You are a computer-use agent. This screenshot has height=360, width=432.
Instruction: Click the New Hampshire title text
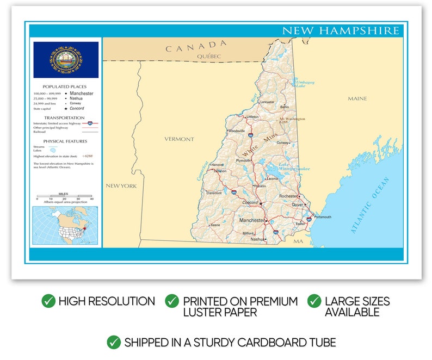(x=341, y=30)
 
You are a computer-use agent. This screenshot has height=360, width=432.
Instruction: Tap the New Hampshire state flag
(x=66, y=60)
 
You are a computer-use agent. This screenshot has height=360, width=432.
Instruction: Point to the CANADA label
(x=196, y=47)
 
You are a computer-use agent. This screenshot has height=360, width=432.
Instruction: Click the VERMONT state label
(x=179, y=139)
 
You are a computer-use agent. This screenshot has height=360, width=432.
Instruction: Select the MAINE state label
(x=357, y=98)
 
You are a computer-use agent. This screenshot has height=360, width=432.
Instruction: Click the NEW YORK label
(x=121, y=186)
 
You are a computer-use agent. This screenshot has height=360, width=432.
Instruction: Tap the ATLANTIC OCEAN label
(x=370, y=206)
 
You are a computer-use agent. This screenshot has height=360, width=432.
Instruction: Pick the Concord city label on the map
(x=250, y=202)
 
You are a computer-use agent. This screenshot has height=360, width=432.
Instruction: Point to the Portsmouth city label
(x=322, y=217)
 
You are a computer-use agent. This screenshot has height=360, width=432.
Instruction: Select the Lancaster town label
(x=267, y=102)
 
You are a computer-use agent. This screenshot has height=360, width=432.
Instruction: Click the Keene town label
(x=215, y=225)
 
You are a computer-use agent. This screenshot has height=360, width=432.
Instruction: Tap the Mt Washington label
(x=292, y=119)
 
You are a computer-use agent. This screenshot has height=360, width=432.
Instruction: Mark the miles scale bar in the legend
(x=65, y=196)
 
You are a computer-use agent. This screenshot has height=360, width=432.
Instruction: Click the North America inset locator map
(x=65, y=225)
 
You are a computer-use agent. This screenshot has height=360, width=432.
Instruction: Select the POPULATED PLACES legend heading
(x=64, y=86)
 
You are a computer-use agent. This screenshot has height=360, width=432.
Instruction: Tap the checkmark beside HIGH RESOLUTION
(x=48, y=301)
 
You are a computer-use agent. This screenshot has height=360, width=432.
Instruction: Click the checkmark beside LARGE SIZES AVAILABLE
(x=314, y=301)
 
